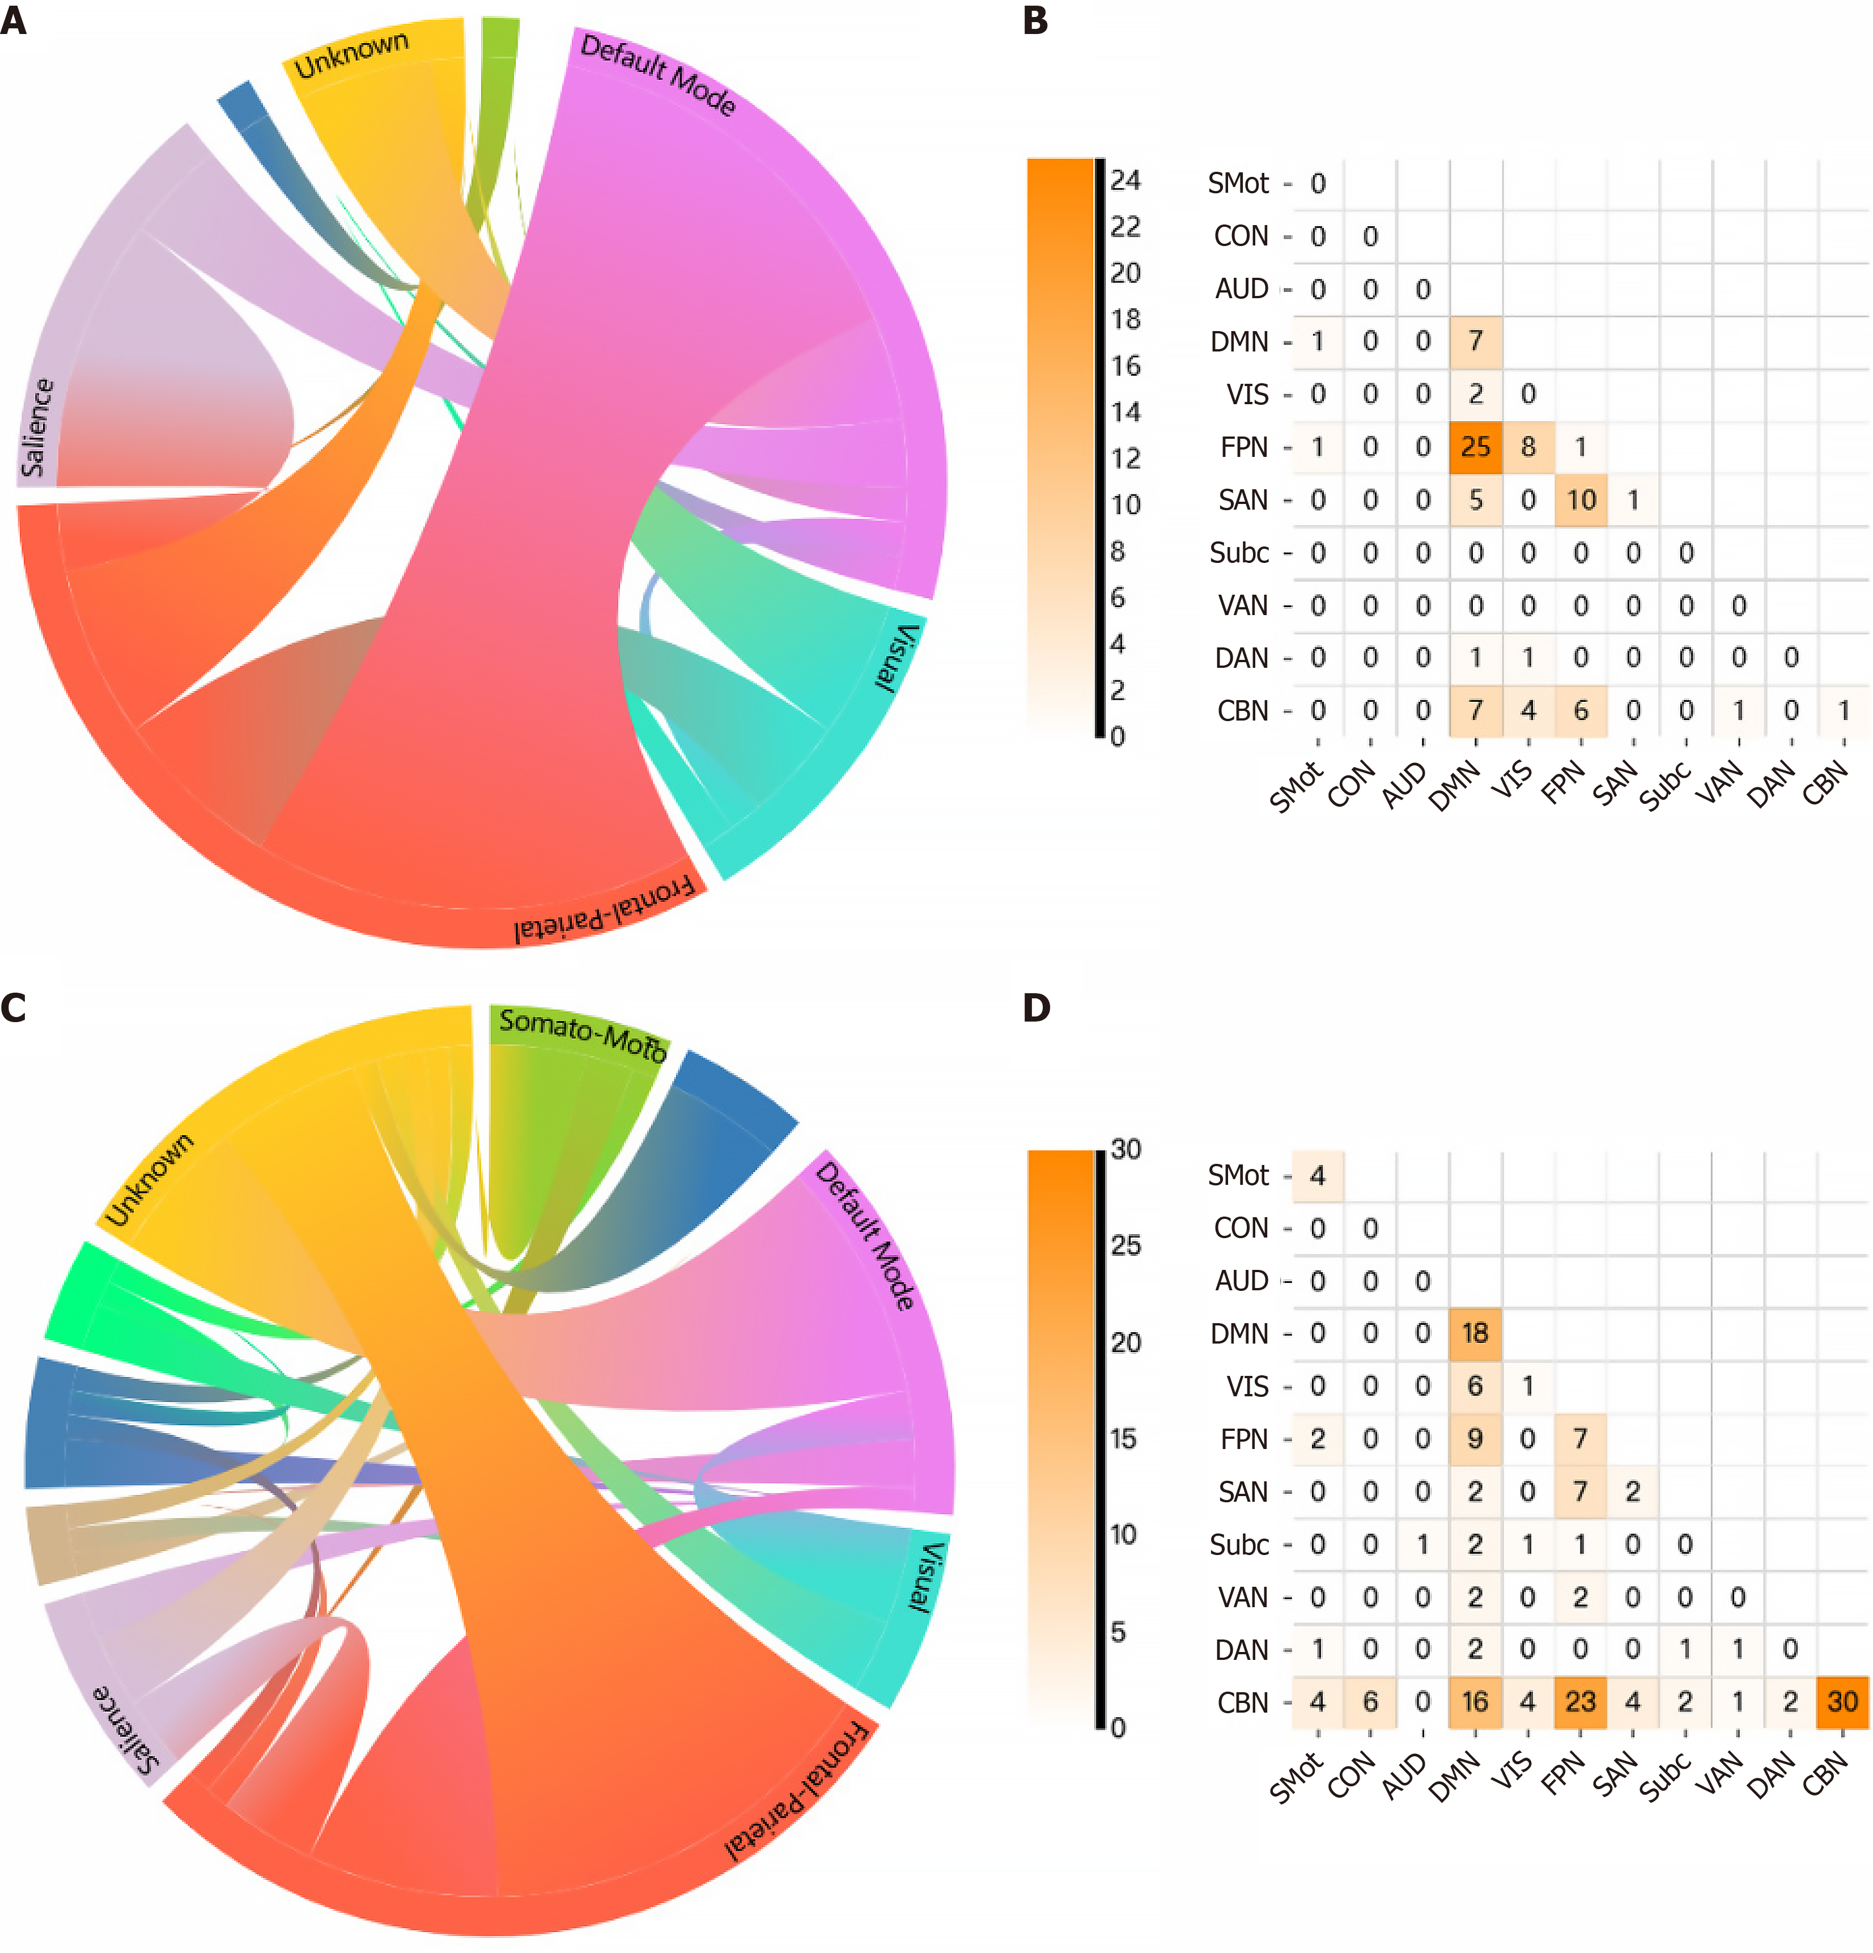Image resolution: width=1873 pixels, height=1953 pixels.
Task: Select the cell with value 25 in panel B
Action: point(1476,446)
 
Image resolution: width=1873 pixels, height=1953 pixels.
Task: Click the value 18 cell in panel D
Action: point(1476,1333)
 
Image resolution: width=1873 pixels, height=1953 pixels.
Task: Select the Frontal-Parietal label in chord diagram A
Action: point(604,909)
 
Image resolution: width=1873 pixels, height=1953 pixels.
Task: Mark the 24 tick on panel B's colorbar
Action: point(1125,180)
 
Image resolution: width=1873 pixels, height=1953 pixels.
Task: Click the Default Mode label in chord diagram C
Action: point(866,1235)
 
